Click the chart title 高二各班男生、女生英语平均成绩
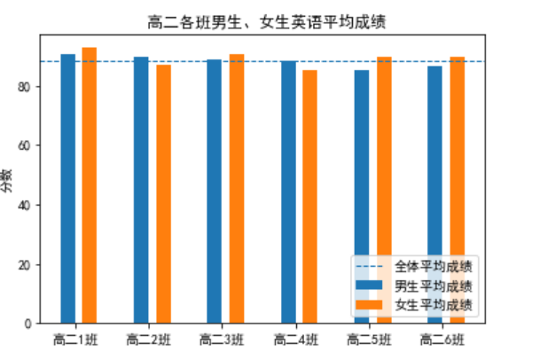tap(266, 20)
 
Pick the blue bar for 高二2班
tap(141, 190)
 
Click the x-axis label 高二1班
tap(78, 339)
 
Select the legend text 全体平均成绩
tap(433, 266)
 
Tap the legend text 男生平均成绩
tap(433, 286)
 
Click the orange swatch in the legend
tap(372, 304)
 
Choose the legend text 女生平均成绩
tap(433, 304)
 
